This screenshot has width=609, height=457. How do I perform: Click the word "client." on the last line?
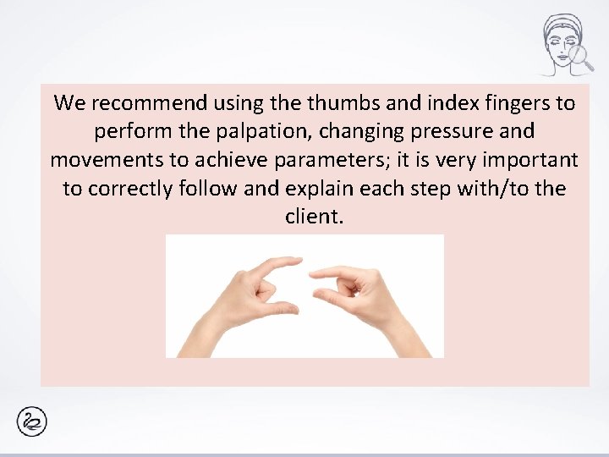[x=315, y=216]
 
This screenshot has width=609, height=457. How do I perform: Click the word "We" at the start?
[x=69, y=104]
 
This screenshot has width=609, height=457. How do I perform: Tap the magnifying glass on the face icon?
[x=580, y=56]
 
